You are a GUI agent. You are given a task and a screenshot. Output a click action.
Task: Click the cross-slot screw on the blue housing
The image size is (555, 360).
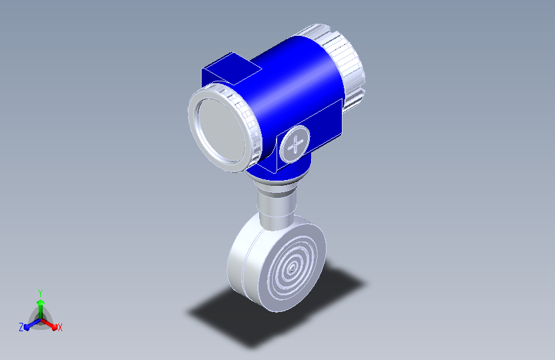tap(294, 144)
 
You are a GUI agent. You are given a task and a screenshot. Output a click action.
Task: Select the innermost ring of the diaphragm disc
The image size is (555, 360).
tap(292, 268)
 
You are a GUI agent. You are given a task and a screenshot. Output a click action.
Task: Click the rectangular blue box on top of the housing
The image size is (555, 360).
tap(232, 69)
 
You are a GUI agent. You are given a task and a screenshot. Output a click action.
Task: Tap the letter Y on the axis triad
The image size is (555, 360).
tap(40, 293)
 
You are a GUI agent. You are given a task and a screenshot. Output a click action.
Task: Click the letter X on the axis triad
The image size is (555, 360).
tap(60, 327)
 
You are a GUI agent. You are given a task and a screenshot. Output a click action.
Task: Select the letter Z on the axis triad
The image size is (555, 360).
tap(21, 327)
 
